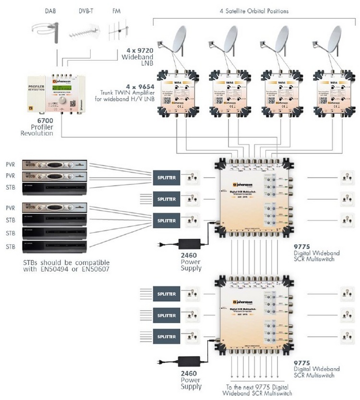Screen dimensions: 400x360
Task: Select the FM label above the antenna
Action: point(116,11)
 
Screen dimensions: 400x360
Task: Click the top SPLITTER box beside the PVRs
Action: point(166,178)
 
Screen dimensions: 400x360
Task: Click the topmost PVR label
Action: point(11,164)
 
